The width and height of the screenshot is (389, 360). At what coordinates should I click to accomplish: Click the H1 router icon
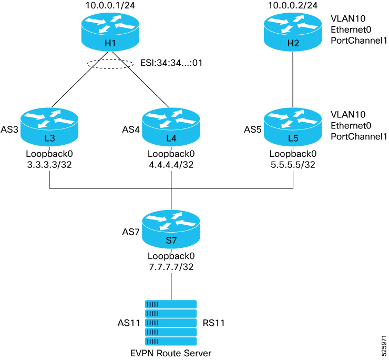pos(110,33)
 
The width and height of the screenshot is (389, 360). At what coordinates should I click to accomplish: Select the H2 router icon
pos(293,33)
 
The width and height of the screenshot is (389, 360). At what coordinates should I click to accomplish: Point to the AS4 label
pos(131,129)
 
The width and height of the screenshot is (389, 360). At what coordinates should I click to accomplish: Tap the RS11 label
pos(213,323)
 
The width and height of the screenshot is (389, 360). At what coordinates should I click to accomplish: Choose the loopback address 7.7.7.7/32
pos(171,267)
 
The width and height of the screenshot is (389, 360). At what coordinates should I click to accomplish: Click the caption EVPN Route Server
pos(171,352)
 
